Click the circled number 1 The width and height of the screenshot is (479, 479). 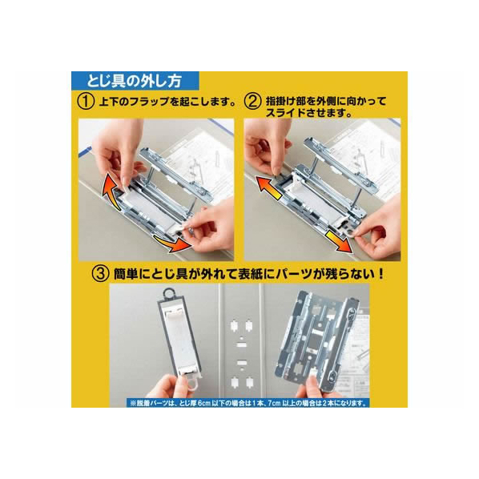pyautogui.click(x=86, y=102)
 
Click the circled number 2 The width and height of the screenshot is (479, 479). pyautogui.click(x=252, y=102)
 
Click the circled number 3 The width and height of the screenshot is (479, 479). pyautogui.click(x=100, y=274)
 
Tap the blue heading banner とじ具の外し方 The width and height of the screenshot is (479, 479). pyautogui.click(x=135, y=81)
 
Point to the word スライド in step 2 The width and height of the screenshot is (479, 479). pyautogui.click(x=285, y=113)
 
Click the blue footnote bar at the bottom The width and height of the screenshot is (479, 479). pyautogui.click(x=248, y=403)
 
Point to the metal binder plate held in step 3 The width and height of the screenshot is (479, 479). pyautogui.click(x=318, y=337)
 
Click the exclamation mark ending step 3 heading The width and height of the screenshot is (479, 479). pyautogui.click(x=380, y=274)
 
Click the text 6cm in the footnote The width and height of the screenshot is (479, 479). pyautogui.click(x=204, y=403)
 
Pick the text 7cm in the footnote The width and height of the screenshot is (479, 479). pyautogui.click(x=274, y=403)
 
